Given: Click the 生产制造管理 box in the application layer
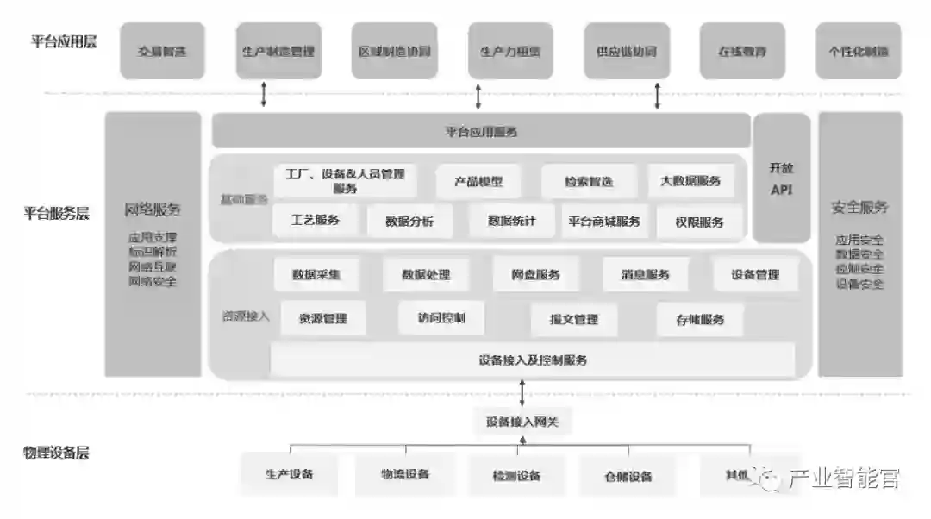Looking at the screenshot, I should tap(278, 51).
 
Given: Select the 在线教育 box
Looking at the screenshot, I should tap(741, 51).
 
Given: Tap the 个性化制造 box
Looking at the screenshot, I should tap(859, 51).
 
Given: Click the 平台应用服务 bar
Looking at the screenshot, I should tap(481, 132).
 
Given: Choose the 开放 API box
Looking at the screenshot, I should tap(781, 178).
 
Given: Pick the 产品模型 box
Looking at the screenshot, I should tap(478, 182).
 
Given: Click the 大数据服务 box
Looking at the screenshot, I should tap(690, 181).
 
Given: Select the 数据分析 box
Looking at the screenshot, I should tap(409, 222).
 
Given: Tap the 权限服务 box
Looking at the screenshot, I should tap(700, 222).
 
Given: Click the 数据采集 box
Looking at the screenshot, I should tap(316, 275).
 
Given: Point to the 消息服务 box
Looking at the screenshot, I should tap(646, 275).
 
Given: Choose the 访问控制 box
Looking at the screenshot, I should tap(441, 318).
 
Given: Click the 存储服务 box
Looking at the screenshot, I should tap(700, 319).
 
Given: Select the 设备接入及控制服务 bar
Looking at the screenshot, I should tap(533, 360).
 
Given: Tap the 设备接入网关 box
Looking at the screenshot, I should tap(522, 422).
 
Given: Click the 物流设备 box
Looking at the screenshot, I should tap(405, 474).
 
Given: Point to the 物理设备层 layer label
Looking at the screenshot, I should tap(57, 452).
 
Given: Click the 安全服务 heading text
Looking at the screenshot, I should tap(859, 207).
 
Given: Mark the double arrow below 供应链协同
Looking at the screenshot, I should tap(657, 95).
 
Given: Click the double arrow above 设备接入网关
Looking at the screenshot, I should tap(522, 393).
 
